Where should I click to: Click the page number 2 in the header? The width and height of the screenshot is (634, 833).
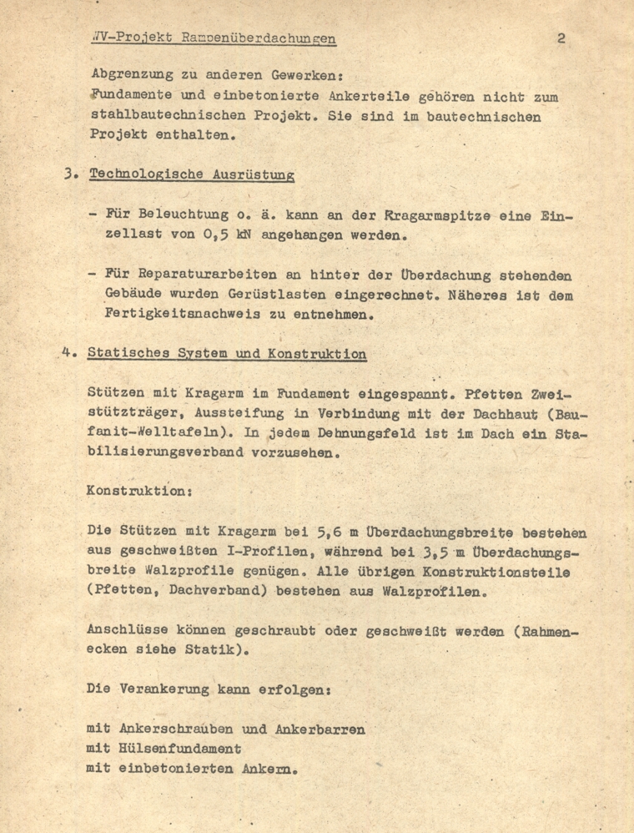561,38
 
